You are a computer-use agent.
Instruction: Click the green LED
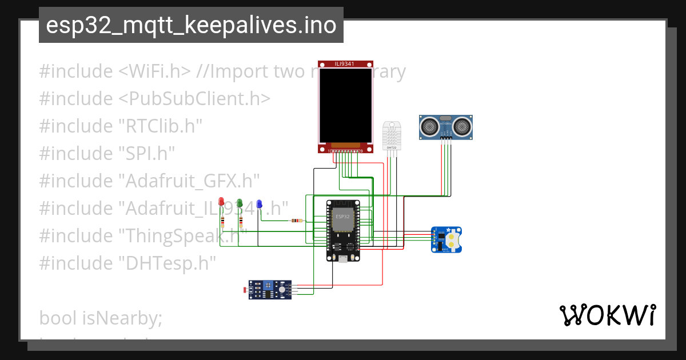pyautogui.click(x=240, y=203)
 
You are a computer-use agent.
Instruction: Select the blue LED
pyautogui.click(x=259, y=204)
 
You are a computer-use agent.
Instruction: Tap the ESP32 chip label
pyautogui.click(x=342, y=217)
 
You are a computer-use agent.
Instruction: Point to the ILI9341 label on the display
pyautogui.click(x=345, y=64)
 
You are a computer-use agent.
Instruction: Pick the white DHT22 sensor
pyautogui.click(x=392, y=135)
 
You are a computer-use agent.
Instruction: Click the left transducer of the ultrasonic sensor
pyautogui.click(x=429, y=126)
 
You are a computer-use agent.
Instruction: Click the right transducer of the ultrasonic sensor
pyautogui.click(x=462, y=126)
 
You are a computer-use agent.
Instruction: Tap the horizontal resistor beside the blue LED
pyautogui.click(x=297, y=221)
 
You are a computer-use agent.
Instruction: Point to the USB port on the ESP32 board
pyautogui.click(x=342, y=259)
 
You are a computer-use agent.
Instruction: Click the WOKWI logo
pyautogui.click(x=607, y=315)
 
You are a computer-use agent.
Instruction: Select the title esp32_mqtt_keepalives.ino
pyautogui.click(x=191, y=26)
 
